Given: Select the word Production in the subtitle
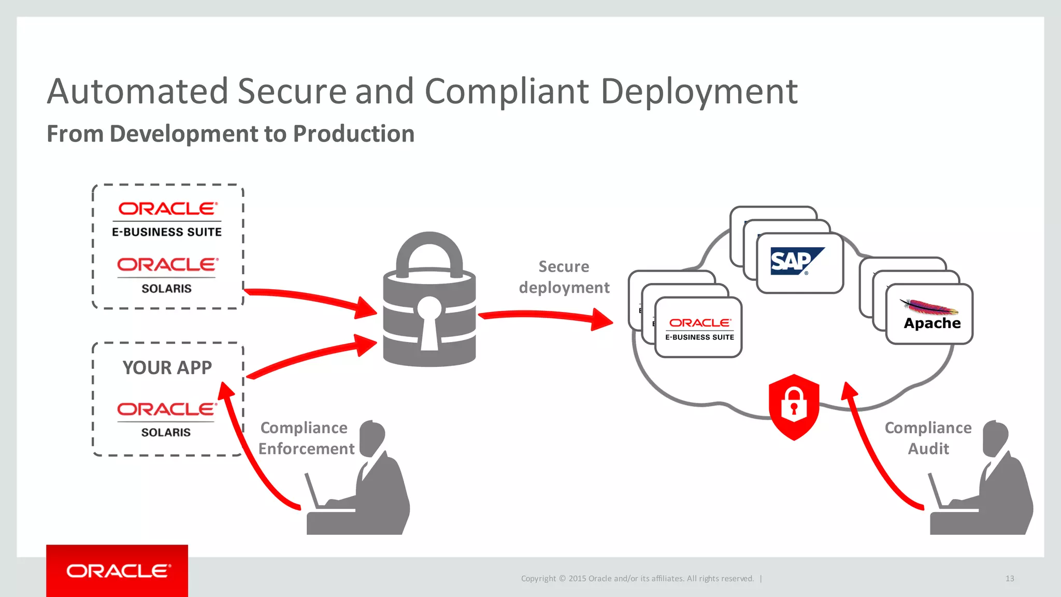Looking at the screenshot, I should [x=353, y=134].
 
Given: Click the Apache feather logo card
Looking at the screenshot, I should [x=929, y=314].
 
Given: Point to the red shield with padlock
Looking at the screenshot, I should [x=794, y=406].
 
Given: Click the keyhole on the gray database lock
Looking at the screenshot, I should [x=429, y=321].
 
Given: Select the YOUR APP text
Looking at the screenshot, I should [x=167, y=368].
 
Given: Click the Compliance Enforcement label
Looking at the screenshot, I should [x=306, y=438].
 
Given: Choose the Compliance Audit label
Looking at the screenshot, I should [x=928, y=438].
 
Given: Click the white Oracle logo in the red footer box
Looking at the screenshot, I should [x=118, y=571].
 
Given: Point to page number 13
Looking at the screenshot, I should [x=1009, y=578].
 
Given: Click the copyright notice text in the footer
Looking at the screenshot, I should [x=637, y=578].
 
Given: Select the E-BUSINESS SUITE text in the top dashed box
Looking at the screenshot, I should [x=167, y=232].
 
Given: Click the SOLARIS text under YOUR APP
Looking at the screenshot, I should [x=166, y=432].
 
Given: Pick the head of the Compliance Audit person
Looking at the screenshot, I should [x=995, y=437].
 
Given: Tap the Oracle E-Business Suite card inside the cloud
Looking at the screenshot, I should [x=698, y=328].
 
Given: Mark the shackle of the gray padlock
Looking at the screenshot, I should [x=429, y=251].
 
